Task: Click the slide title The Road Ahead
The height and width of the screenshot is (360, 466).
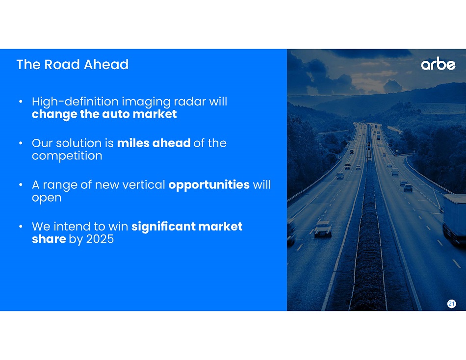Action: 73,65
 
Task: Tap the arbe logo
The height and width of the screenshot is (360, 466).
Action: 438,64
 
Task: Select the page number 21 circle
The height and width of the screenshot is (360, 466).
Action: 451,304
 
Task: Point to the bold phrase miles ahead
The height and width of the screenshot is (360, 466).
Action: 154,143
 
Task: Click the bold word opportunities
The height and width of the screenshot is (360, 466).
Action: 209,185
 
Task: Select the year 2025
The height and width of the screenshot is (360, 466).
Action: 100,239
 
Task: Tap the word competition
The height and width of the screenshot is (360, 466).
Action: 67,156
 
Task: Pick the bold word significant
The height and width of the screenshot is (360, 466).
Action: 163,227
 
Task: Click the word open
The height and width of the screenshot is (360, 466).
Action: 47,198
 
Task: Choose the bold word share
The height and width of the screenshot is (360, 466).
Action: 49,239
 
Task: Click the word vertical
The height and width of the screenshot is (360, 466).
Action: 144,184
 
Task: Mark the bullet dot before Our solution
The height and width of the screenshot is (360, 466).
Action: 21,143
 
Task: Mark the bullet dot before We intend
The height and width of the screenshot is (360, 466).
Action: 21,227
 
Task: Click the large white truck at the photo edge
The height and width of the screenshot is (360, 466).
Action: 454,218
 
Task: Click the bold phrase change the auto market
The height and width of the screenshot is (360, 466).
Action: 104,114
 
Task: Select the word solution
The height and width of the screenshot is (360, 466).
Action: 78,143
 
